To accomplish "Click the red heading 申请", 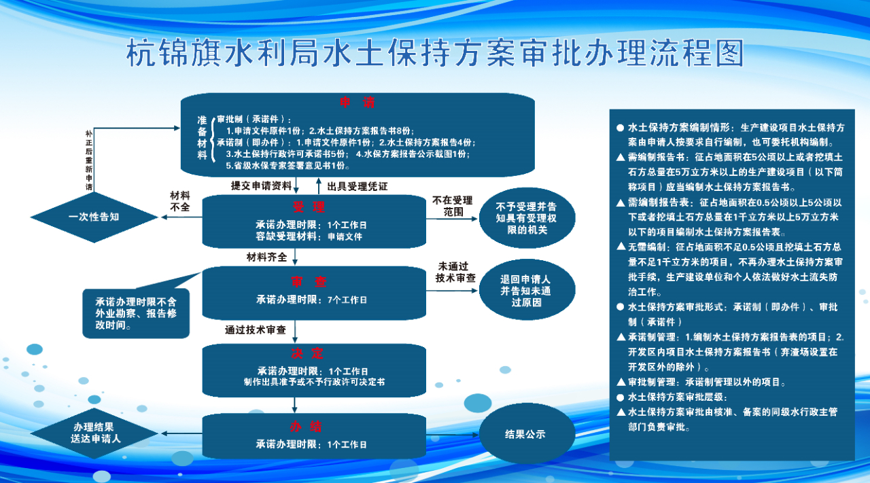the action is point(358,103).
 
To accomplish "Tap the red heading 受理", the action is point(309,207).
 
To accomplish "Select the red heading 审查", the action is point(309,282).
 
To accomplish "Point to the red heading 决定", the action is point(307,353).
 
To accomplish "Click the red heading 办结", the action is point(306,427).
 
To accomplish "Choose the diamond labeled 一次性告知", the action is point(94,217).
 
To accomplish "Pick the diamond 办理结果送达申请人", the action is point(94,433).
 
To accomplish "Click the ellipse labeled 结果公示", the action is point(527,433).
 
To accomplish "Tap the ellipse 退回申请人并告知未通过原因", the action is point(527,290).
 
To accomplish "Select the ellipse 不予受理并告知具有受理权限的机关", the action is point(527,218).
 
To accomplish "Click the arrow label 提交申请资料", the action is point(261,186).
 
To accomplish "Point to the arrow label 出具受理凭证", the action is point(358,187).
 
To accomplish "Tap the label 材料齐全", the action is point(266,257).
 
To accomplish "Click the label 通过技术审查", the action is point(255,330).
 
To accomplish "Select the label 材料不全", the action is point(180,202).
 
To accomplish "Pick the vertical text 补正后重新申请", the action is point(89,160).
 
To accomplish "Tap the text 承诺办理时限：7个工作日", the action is point(311,300).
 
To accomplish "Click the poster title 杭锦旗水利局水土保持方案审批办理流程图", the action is point(435,52).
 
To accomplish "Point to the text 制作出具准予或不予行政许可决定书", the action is point(314,382).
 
